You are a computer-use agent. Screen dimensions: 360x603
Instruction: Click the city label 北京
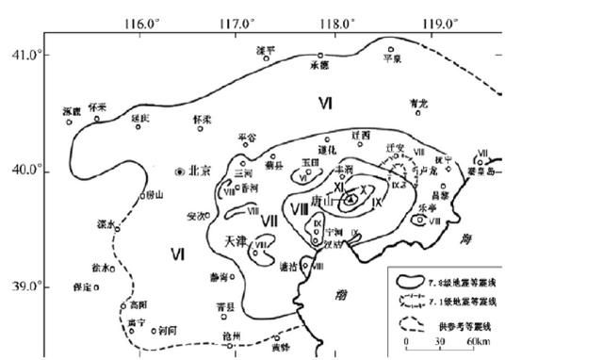[x=200, y=172]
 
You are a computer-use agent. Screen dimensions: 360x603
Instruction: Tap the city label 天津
[x=236, y=241]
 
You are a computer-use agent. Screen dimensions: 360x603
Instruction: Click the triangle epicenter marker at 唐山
[x=351, y=200]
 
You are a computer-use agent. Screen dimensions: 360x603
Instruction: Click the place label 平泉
[x=392, y=58]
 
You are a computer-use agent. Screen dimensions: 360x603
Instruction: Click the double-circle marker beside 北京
[x=180, y=172]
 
